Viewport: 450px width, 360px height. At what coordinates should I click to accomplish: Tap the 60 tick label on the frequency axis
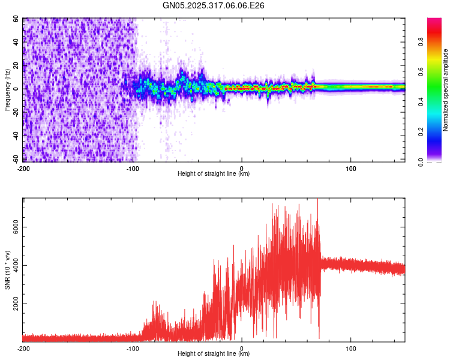point(16,19)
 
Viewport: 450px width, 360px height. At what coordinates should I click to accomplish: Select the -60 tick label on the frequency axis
point(15,159)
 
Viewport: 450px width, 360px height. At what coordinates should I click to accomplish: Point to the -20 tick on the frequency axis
point(15,112)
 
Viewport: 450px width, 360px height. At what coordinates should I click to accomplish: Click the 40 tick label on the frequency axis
point(16,42)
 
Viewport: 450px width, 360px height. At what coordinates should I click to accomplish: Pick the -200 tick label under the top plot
point(23,167)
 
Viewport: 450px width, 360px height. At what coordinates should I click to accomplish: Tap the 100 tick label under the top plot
point(350,167)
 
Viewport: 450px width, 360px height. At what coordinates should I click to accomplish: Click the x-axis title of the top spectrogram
point(214,174)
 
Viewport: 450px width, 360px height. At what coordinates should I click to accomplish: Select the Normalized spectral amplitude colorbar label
point(446,90)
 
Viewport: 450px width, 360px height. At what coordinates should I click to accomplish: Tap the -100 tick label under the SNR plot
point(133,348)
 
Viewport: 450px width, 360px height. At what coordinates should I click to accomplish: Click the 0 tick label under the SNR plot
point(242,348)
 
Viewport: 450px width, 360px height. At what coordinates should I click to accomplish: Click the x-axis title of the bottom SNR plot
point(214,355)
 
